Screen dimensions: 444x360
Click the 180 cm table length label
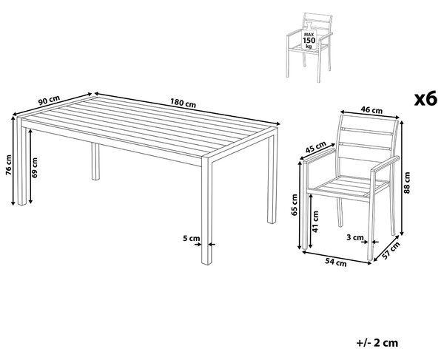(183, 103)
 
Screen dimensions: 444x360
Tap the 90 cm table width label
(50, 101)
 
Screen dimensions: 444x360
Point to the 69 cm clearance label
(35, 167)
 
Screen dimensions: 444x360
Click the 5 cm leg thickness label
(191, 238)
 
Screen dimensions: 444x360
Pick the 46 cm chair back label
(371, 109)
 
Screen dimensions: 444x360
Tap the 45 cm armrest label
(316, 147)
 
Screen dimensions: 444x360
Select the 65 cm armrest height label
(295, 205)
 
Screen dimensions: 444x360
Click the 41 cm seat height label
(315, 222)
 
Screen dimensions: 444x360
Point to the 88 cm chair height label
(407, 183)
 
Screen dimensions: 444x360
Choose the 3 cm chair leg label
(354, 237)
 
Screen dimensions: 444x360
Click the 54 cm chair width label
(335, 262)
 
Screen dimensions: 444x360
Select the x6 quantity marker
(425, 99)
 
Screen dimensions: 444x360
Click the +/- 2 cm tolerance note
(377, 343)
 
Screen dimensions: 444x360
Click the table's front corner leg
(206, 211)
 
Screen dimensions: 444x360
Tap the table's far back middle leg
(95, 161)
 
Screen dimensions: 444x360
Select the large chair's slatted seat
(351, 187)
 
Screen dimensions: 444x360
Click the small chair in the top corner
(309, 47)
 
